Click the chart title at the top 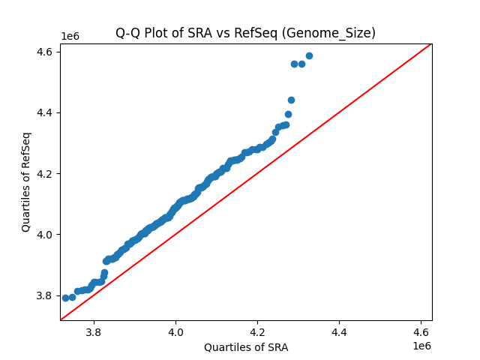(245, 33)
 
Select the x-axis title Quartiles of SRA (245, 347)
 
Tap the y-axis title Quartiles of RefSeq (26, 181)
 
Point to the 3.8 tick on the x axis (94, 331)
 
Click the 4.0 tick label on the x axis (175, 331)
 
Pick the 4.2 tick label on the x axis (257, 331)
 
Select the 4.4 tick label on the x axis (339, 331)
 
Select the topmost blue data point (309, 55)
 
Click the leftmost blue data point (65, 298)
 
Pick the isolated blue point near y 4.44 (291, 100)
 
